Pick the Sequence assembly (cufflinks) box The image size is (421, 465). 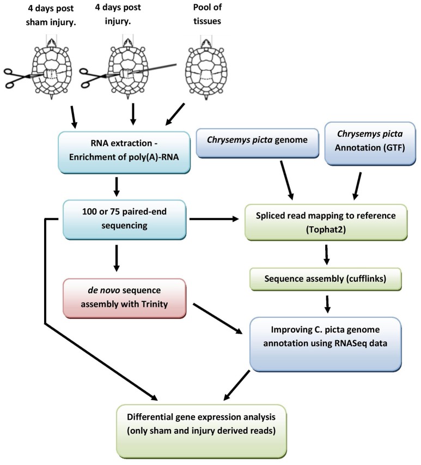coord(326,280)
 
